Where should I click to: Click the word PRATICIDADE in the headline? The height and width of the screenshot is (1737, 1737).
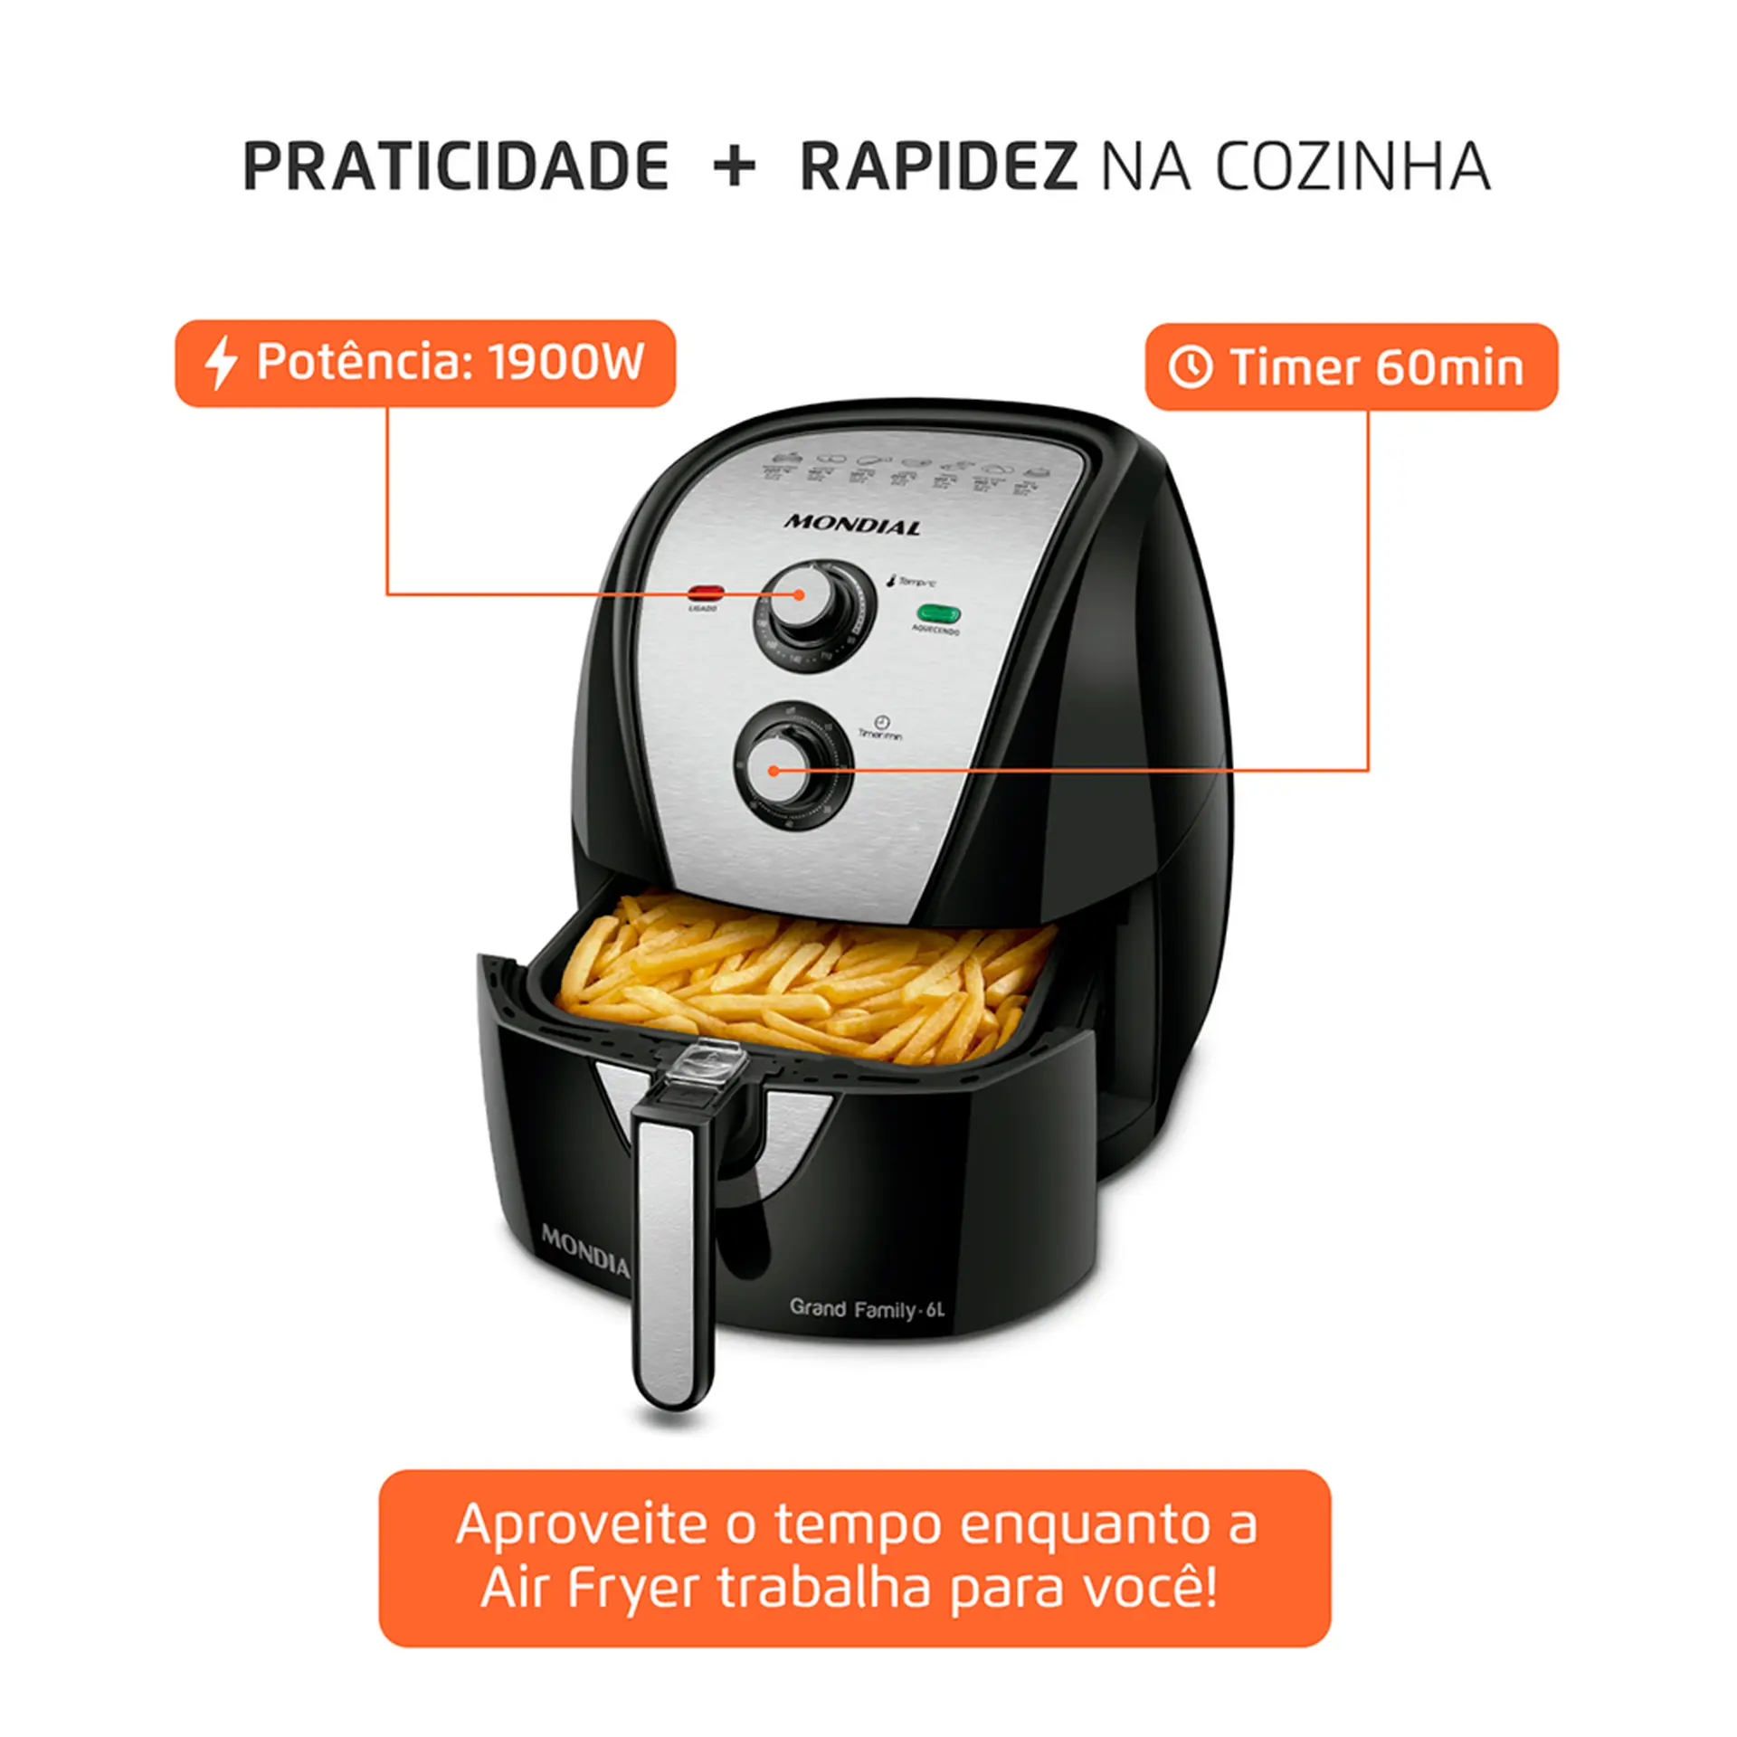point(455,167)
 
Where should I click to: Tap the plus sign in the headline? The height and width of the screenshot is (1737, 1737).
point(734,167)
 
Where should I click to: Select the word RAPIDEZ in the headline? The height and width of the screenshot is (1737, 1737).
point(938,167)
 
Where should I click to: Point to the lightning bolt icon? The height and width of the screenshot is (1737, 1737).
point(220,363)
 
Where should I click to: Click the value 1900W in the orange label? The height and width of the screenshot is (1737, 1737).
point(566,362)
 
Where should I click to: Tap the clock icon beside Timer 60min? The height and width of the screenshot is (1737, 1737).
point(1190,367)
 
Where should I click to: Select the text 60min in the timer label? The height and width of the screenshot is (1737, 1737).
point(1449,367)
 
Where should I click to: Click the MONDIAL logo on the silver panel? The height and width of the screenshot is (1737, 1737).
point(851,524)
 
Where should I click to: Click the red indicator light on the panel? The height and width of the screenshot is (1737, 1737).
point(706,593)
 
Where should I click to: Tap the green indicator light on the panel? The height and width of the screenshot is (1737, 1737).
point(938,613)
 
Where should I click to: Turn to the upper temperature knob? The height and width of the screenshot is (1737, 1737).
point(813,615)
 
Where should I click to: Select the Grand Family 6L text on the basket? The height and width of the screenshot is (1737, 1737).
point(866,1309)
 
